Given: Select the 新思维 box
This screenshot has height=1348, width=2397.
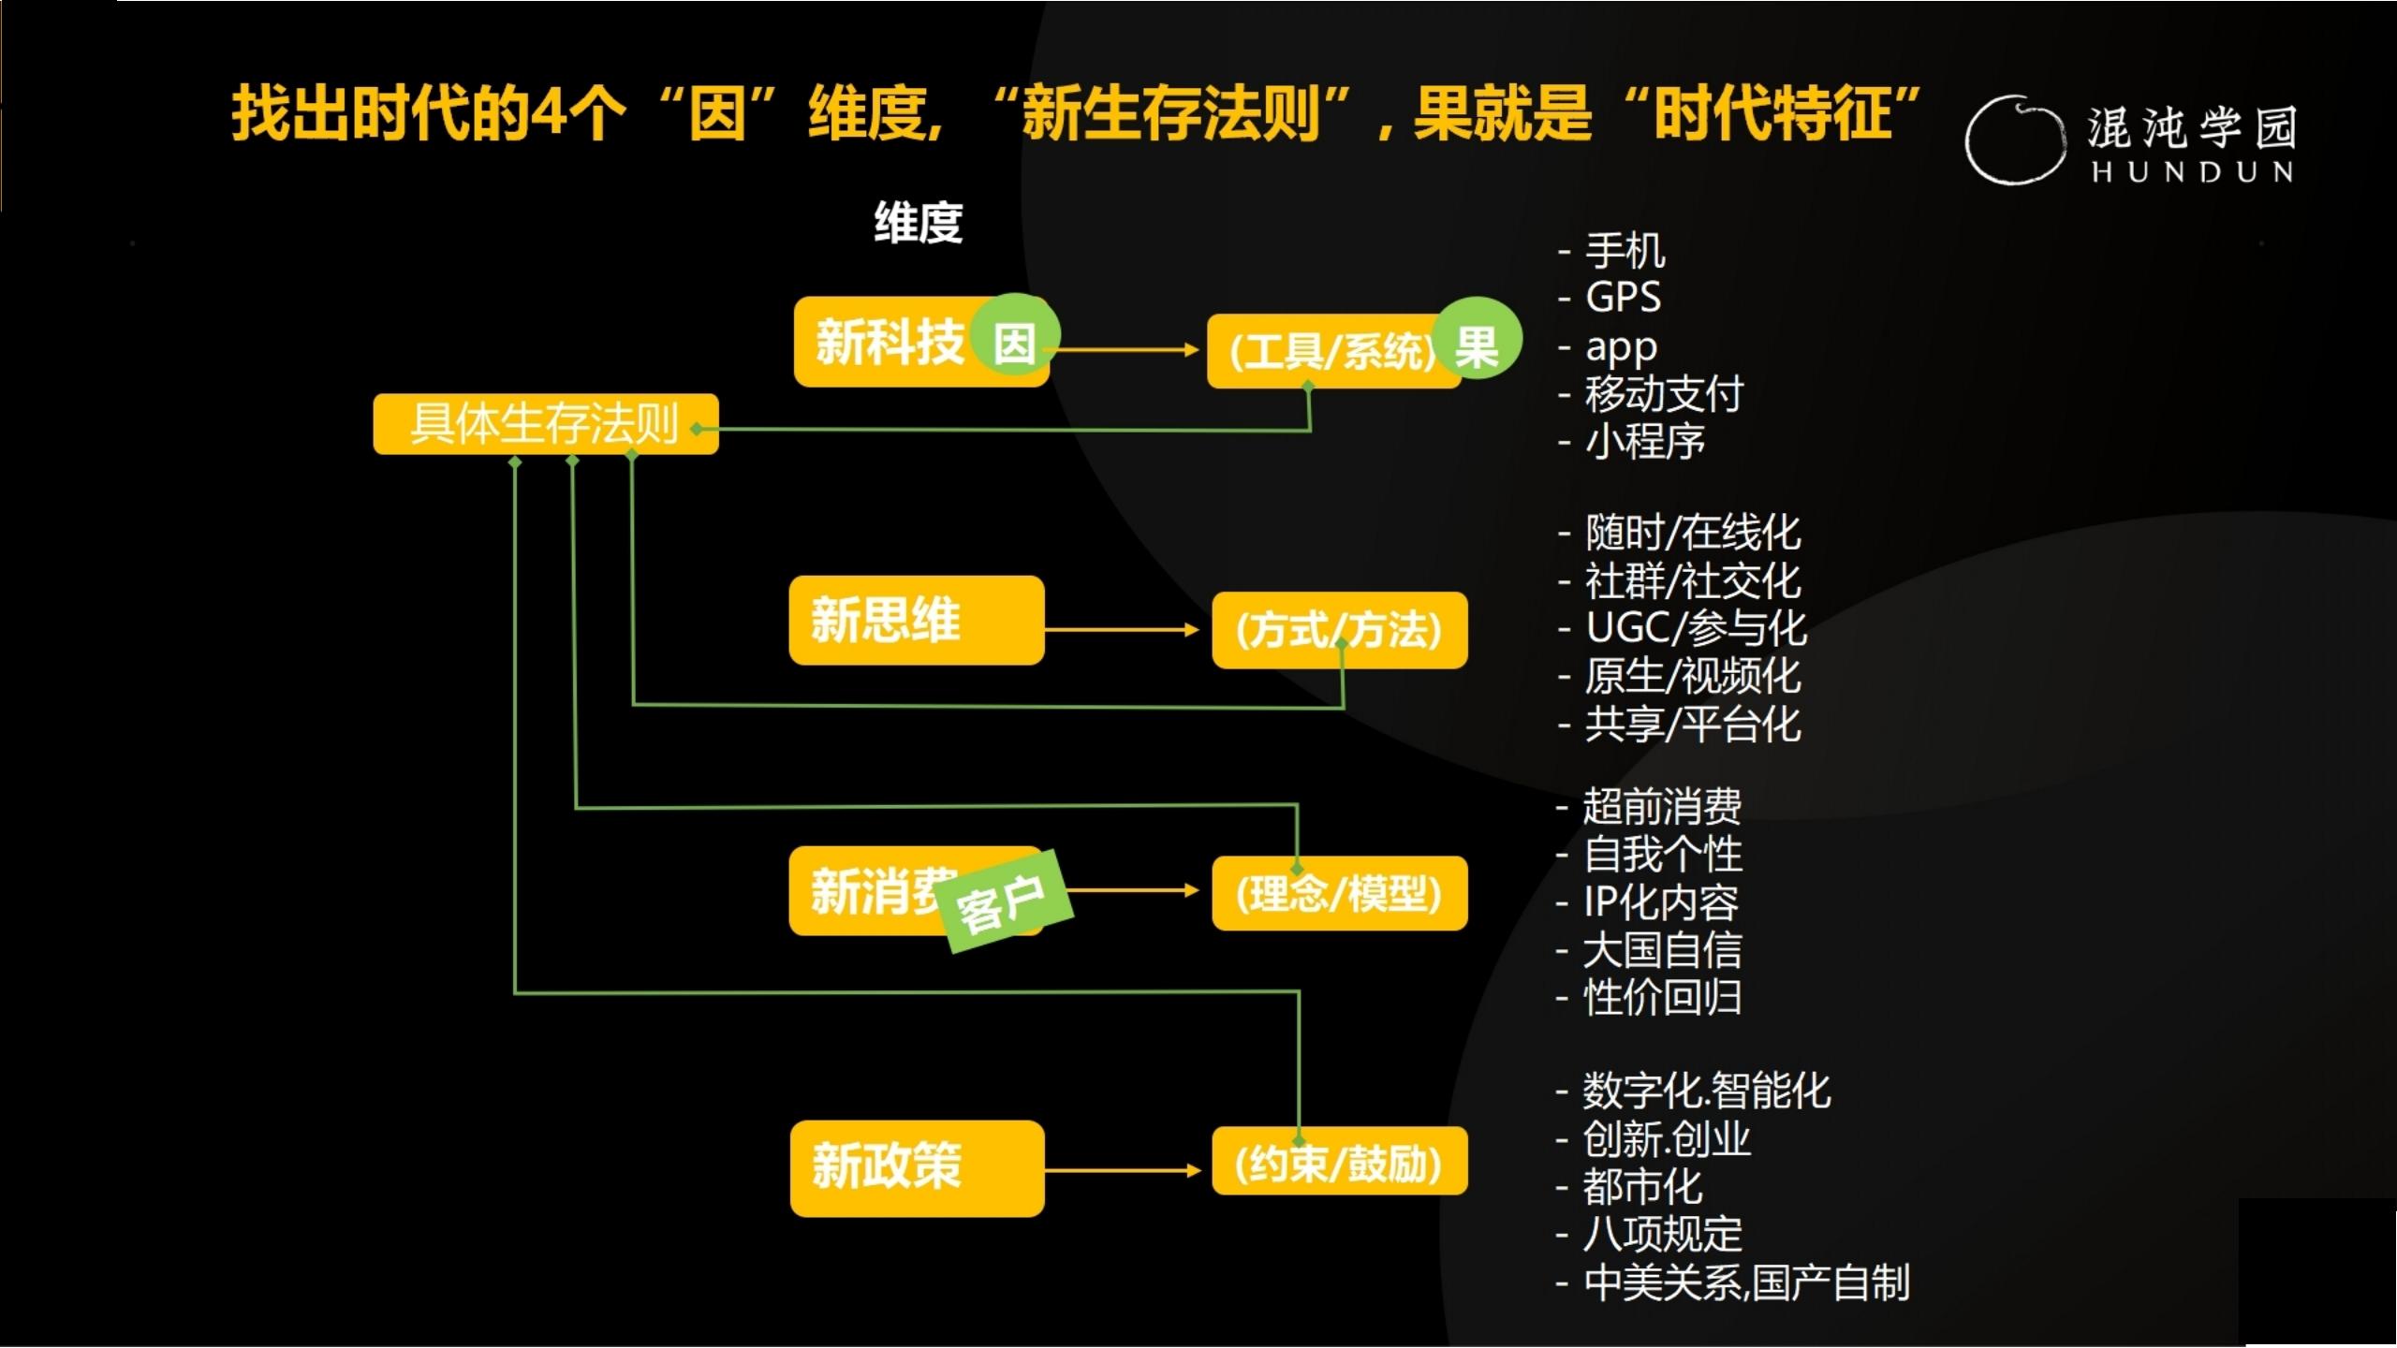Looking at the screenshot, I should coord(916,620).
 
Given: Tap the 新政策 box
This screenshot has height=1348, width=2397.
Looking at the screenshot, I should coord(917,1167).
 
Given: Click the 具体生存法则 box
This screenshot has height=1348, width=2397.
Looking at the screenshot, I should coord(545,424).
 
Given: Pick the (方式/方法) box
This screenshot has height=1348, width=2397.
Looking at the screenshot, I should coord(1339,630).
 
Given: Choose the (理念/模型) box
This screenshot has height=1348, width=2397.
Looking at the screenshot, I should coord(1339,893).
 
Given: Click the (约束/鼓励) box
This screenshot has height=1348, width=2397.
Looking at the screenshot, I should coord(1339,1162).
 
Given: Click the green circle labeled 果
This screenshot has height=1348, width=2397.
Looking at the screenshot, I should coord(1478,338).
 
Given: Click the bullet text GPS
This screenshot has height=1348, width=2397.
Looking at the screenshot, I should coord(1622,299).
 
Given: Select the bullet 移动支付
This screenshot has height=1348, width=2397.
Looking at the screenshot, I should coord(1663,394).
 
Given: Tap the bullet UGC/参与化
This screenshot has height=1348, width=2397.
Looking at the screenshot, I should coord(1695,628).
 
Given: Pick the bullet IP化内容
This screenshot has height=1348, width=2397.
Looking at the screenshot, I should coord(1660,902).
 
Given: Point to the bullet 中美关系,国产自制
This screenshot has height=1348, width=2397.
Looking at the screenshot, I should coord(1745,1282).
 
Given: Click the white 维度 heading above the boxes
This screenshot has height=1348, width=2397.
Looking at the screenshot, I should coord(918,223).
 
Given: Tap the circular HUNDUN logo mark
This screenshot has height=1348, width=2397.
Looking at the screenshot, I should coord(2013,140).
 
